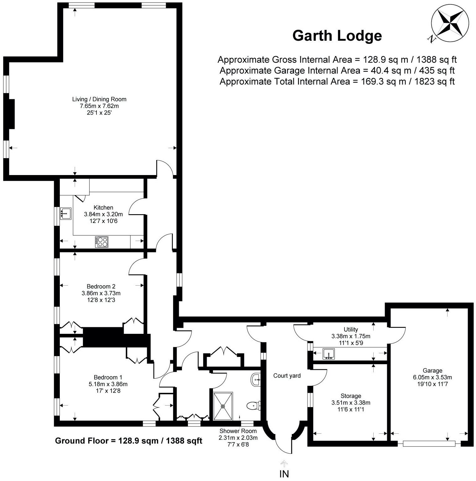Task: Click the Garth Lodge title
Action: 337,36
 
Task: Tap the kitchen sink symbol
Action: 66,213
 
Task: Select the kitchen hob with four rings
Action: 102,242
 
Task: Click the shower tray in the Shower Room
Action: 223,406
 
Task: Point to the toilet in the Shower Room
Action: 253,406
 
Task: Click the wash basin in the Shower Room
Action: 256,380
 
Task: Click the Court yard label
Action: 287,376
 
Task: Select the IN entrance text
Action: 284,474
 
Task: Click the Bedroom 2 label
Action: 101,286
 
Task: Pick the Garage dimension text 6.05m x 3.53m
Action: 432,377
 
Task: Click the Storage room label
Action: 351,396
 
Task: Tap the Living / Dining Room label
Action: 99,99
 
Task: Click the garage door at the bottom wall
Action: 429,443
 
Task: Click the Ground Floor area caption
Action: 128,441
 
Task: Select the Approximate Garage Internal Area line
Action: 337,70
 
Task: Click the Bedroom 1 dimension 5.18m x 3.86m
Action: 108,384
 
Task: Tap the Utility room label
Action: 351,329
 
